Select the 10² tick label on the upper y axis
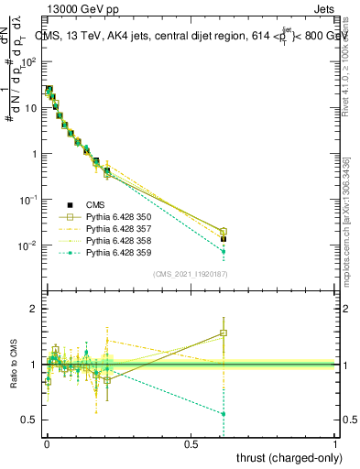coord(30,61)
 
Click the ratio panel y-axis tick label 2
coord(34,310)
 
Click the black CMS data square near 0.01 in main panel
coord(223,239)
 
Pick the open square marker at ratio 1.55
coord(223,333)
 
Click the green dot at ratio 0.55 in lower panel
coord(223,414)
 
